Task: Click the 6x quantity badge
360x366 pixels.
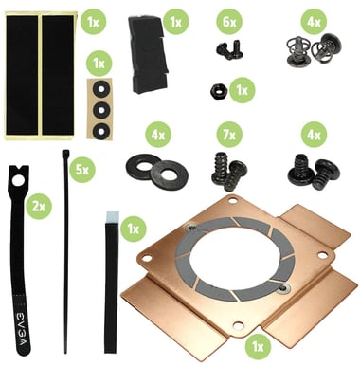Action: (229, 22)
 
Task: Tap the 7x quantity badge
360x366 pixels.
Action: (229, 135)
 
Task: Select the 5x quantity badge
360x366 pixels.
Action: (82, 170)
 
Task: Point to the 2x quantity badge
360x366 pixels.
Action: (39, 207)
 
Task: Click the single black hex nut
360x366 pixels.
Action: (218, 92)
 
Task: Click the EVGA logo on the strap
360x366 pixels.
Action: (23, 329)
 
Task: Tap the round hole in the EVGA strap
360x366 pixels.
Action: (18, 180)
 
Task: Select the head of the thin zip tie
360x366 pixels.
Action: (65, 155)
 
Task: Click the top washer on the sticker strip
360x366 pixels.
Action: (100, 88)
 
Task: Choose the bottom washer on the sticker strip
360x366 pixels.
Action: (100, 130)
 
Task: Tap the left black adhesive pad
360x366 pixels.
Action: (22, 75)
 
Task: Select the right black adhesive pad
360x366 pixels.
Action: (58, 75)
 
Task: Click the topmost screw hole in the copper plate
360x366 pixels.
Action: (233, 200)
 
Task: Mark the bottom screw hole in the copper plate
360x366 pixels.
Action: (239, 325)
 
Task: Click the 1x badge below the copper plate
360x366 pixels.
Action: (258, 347)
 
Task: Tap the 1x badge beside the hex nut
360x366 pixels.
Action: (242, 90)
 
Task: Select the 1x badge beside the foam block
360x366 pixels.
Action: (175, 22)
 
